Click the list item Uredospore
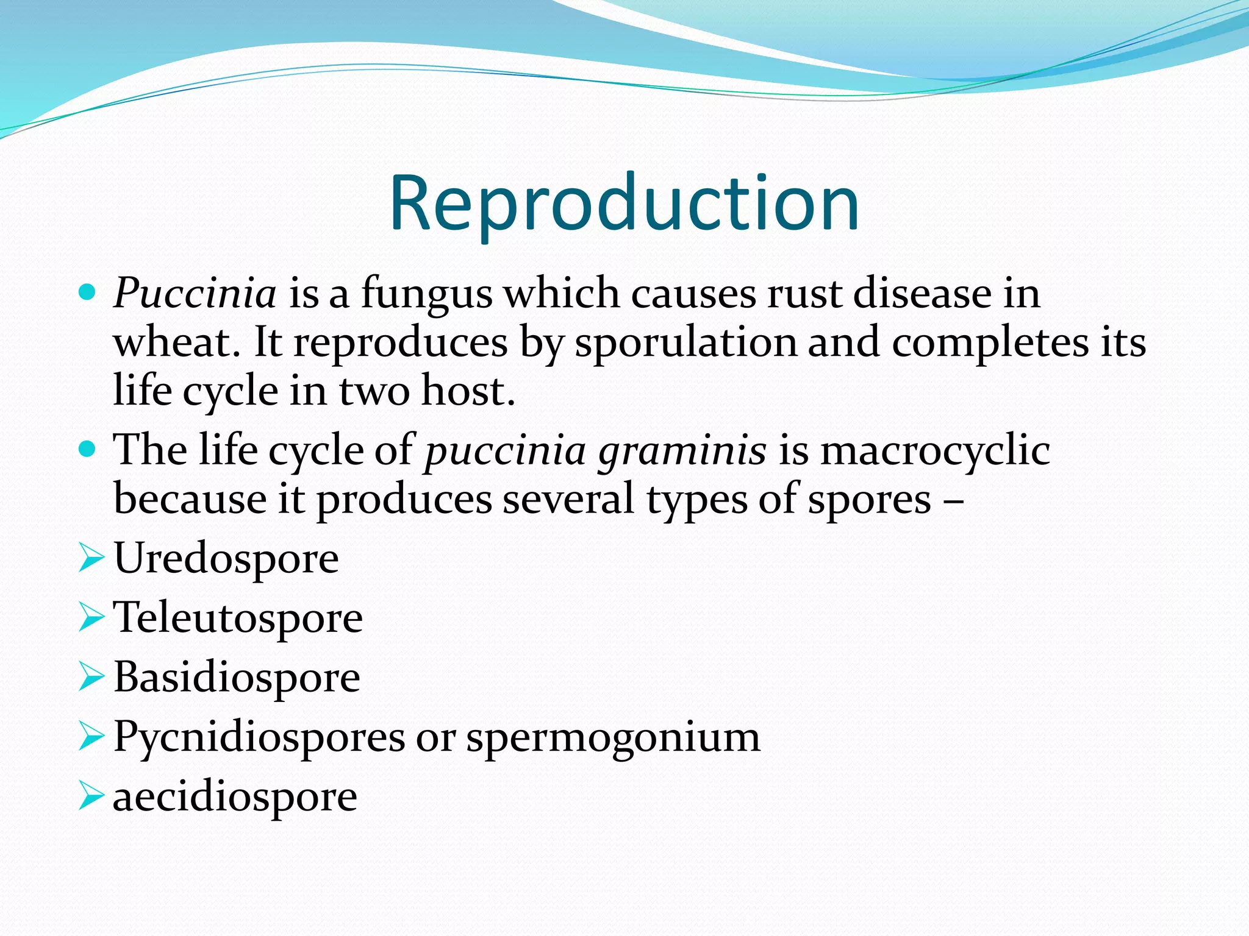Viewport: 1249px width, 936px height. click(x=226, y=558)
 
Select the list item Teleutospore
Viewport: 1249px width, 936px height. click(x=238, y=619)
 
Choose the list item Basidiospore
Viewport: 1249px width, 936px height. click(x=237, y=678)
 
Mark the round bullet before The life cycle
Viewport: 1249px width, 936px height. click(x=88, y=450)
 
